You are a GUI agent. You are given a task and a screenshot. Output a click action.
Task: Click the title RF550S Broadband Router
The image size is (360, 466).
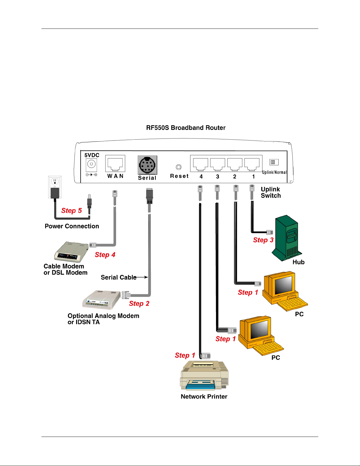186,128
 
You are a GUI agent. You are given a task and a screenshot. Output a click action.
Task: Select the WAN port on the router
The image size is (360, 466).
115,163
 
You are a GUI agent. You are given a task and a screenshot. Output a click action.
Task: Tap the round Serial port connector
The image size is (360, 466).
147,165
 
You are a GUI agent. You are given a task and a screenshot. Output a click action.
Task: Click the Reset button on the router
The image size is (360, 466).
178,167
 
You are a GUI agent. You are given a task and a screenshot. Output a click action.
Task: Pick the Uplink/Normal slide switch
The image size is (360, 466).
274,162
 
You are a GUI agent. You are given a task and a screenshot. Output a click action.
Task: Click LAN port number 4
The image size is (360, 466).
200,164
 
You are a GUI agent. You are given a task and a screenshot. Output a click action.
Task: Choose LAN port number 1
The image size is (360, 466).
252,164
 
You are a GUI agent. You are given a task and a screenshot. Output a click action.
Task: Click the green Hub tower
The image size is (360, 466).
287,238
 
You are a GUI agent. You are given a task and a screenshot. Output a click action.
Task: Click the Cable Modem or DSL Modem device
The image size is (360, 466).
71,252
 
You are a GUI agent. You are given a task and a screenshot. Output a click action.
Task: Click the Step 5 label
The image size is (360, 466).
71,211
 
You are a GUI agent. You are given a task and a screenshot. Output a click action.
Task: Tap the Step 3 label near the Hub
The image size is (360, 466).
263,240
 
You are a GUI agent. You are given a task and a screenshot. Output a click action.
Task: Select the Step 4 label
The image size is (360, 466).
105,255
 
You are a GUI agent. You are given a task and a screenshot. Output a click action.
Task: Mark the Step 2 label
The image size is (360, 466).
139,303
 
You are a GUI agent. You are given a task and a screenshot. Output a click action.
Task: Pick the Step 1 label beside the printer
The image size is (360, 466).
185,355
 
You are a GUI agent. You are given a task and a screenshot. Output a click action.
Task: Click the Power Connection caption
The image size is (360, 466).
72,226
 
